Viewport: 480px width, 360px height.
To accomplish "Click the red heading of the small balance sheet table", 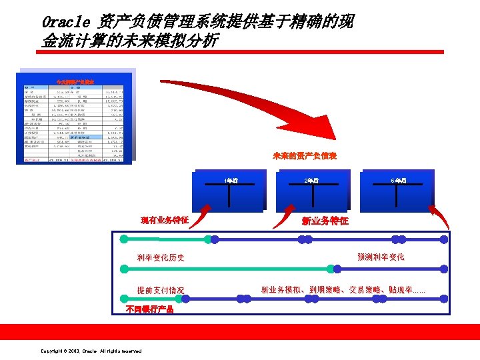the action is [79, 81].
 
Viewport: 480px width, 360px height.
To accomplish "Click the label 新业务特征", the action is [325, 221].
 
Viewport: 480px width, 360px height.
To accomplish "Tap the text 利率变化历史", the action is [161, 257].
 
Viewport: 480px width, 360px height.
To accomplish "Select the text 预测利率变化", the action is [381, 257].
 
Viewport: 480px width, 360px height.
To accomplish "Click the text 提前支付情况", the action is [161, 290].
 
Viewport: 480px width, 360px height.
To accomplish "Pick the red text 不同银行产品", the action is [150, 309].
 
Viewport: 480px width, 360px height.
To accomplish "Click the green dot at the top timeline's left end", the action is [122, 237].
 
